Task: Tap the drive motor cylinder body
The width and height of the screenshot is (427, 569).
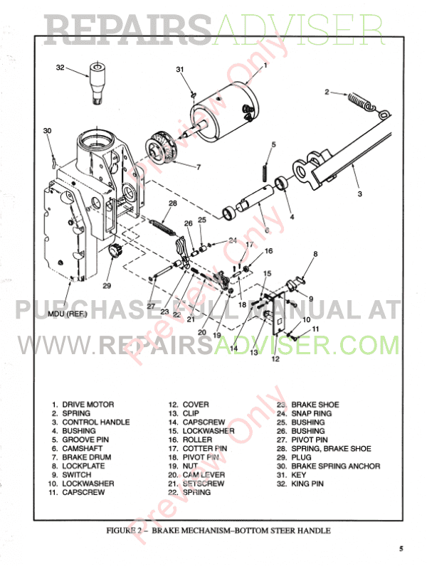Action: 224,112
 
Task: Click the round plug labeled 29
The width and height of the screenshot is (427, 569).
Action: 116,250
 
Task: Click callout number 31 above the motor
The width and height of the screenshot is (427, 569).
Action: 180,69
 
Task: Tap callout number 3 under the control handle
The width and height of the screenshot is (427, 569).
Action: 359,193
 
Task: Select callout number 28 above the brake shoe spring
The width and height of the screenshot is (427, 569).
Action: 173,203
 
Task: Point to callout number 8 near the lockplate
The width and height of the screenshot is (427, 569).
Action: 315,254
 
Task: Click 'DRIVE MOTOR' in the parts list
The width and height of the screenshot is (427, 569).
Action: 88,404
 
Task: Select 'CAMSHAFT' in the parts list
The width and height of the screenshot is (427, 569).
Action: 83,448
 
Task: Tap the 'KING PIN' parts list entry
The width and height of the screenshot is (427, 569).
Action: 307,484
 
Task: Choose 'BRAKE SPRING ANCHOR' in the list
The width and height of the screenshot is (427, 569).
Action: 335,466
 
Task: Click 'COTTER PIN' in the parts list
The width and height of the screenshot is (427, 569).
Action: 205,449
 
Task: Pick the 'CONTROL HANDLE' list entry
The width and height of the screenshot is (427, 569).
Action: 96,422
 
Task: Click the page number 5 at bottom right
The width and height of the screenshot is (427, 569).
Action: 401,548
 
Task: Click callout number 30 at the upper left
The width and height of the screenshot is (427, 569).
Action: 47,131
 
